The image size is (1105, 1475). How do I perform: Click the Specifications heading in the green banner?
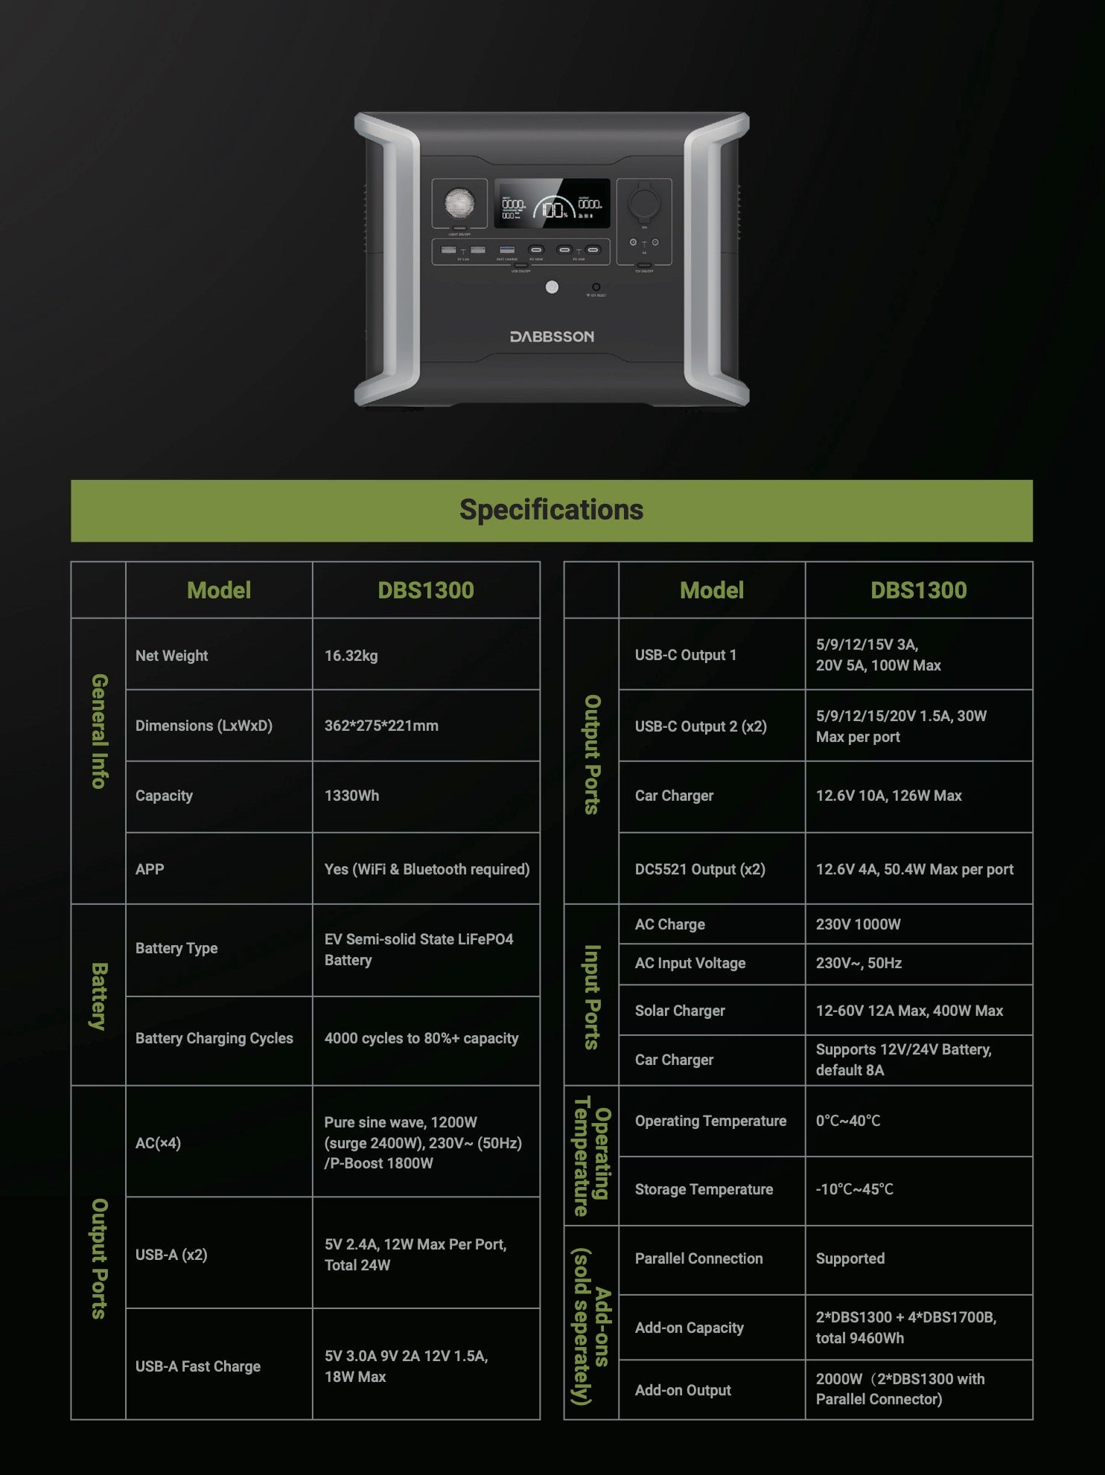pos(551,510)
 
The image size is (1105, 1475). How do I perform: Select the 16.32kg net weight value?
pos(351,656)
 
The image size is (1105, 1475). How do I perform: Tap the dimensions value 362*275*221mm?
pos(381,726)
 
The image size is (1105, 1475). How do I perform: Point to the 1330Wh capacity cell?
pos(351,796)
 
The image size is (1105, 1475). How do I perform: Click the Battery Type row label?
pos(176,948)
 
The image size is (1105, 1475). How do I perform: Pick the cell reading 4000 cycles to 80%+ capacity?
pos(421,1038)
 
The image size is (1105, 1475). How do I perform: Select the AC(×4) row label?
pos(158,1143)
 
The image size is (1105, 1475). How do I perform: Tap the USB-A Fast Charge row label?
pos(197,1366)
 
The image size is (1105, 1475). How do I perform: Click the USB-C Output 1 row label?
pos(685,655)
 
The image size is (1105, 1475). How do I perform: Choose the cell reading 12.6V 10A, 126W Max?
pos(888,796)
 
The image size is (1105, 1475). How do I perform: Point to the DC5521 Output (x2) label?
pos(699,869)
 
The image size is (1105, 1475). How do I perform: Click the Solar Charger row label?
pos(679,1011)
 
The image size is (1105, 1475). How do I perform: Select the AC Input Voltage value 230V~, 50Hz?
pos(859,963)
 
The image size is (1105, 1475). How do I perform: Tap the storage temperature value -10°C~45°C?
pos(854,1189)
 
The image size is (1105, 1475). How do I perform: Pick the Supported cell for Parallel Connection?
pos(850,1258)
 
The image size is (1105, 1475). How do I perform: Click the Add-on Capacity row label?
pos(689,1328)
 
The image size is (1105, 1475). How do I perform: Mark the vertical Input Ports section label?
pos(592,996)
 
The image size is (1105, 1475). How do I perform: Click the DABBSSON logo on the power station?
pos(552,337)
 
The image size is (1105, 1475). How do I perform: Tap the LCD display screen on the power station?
pos(552,204)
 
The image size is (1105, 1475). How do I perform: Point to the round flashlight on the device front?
pos(459,202)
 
